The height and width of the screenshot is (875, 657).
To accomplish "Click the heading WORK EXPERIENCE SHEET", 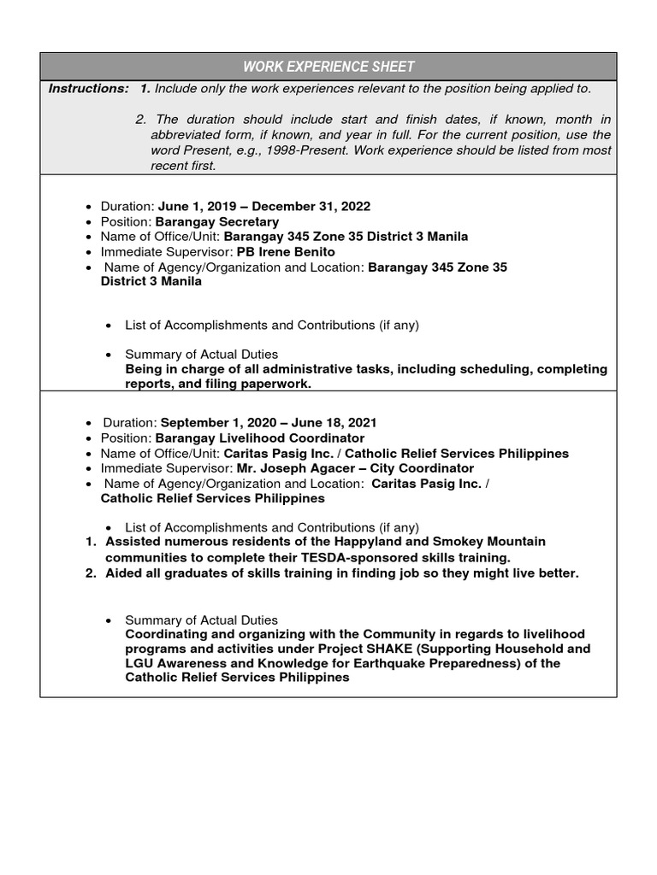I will coord(328,67).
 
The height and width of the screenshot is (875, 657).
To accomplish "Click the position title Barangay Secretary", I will coord(216,221).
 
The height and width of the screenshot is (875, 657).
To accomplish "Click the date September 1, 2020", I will coord(215,423).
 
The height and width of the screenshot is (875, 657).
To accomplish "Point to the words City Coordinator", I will coord(423,469).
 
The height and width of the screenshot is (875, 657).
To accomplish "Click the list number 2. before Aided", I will coord(91,573).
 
